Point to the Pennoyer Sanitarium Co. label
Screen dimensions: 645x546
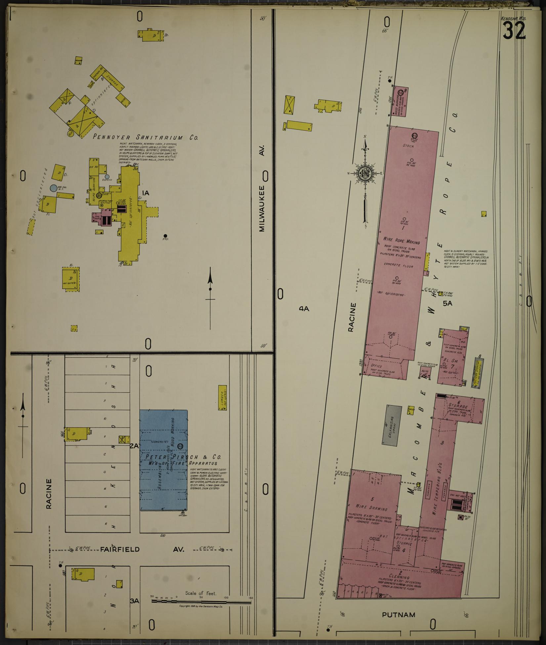(145, 137)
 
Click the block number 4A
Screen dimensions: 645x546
(304, 308)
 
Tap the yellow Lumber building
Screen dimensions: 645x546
(222, 397)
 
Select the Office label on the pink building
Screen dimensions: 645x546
(377, 366)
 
